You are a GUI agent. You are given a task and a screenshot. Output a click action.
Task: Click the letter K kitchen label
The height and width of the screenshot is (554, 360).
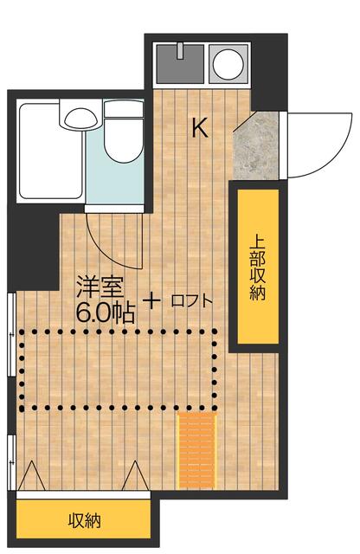coord(199,128)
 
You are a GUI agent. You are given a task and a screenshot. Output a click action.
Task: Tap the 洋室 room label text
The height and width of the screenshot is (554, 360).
coord(98,286)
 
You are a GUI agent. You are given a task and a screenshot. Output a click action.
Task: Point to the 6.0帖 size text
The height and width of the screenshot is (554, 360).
coord(105,312)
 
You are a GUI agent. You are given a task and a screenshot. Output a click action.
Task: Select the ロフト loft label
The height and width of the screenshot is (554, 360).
coord(191,301)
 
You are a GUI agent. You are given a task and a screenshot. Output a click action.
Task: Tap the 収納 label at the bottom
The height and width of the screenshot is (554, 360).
coord(85,521)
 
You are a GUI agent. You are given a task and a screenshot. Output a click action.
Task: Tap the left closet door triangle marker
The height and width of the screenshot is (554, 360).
coord(31,476)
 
